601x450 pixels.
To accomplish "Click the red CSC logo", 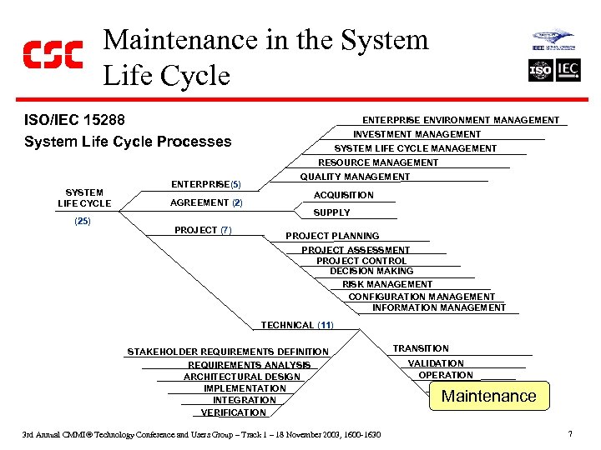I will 53,56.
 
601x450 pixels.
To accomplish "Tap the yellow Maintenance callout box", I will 488,396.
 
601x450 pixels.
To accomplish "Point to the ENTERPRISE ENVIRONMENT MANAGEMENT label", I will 461,120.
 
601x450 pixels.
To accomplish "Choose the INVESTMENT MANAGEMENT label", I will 417,134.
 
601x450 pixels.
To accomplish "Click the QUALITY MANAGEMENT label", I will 355,177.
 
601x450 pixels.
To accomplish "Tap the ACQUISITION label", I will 344,195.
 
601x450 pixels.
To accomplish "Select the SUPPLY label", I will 331,212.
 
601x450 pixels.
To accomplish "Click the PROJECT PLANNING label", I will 332,236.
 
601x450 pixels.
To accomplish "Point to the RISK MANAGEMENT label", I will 387,284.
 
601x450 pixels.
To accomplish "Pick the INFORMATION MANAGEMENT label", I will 439,307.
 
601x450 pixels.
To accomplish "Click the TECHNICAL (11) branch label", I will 297,325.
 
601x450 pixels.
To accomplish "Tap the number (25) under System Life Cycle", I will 82,221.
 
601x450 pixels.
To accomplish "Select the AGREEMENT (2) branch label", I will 206,202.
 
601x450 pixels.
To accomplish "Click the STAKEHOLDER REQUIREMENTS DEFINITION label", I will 228,352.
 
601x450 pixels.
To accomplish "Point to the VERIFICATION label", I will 234,412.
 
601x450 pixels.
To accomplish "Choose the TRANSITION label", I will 421,348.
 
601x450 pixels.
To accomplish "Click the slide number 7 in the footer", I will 569,434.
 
